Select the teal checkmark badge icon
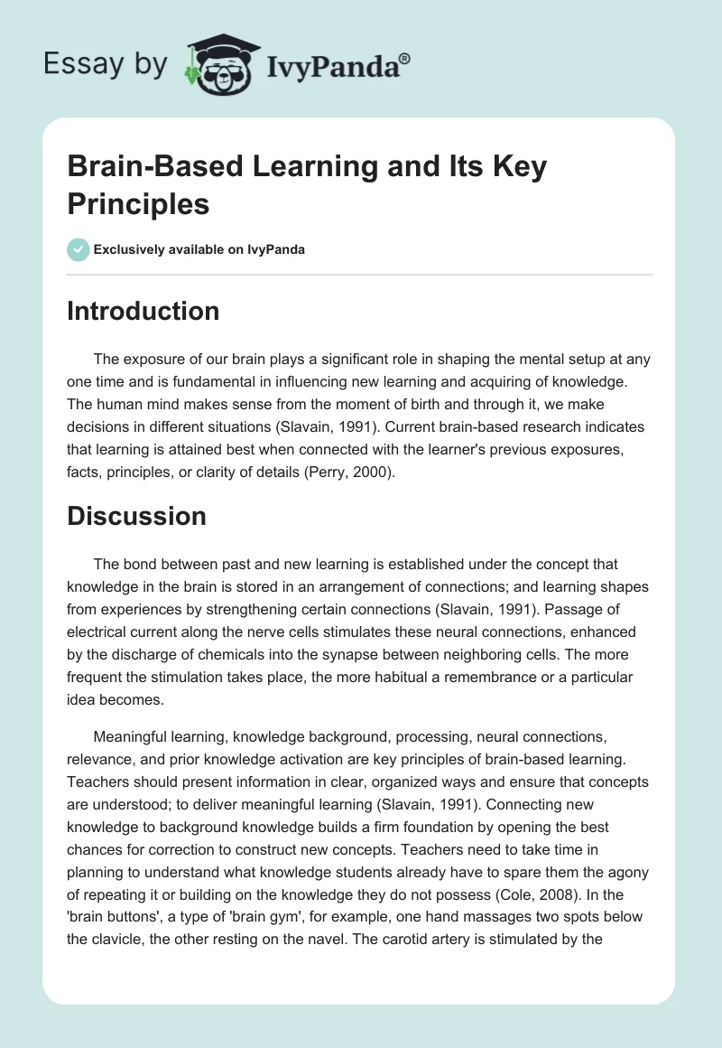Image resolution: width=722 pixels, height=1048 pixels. tap(78, 249)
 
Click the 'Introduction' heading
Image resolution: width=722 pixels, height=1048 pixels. tap(143, 311)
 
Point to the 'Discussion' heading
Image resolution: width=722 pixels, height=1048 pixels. tap(136, 516)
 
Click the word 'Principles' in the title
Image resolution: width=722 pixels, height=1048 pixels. tap(138, 203)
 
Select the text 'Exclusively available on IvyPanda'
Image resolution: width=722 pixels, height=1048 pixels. tap(199, 249)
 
